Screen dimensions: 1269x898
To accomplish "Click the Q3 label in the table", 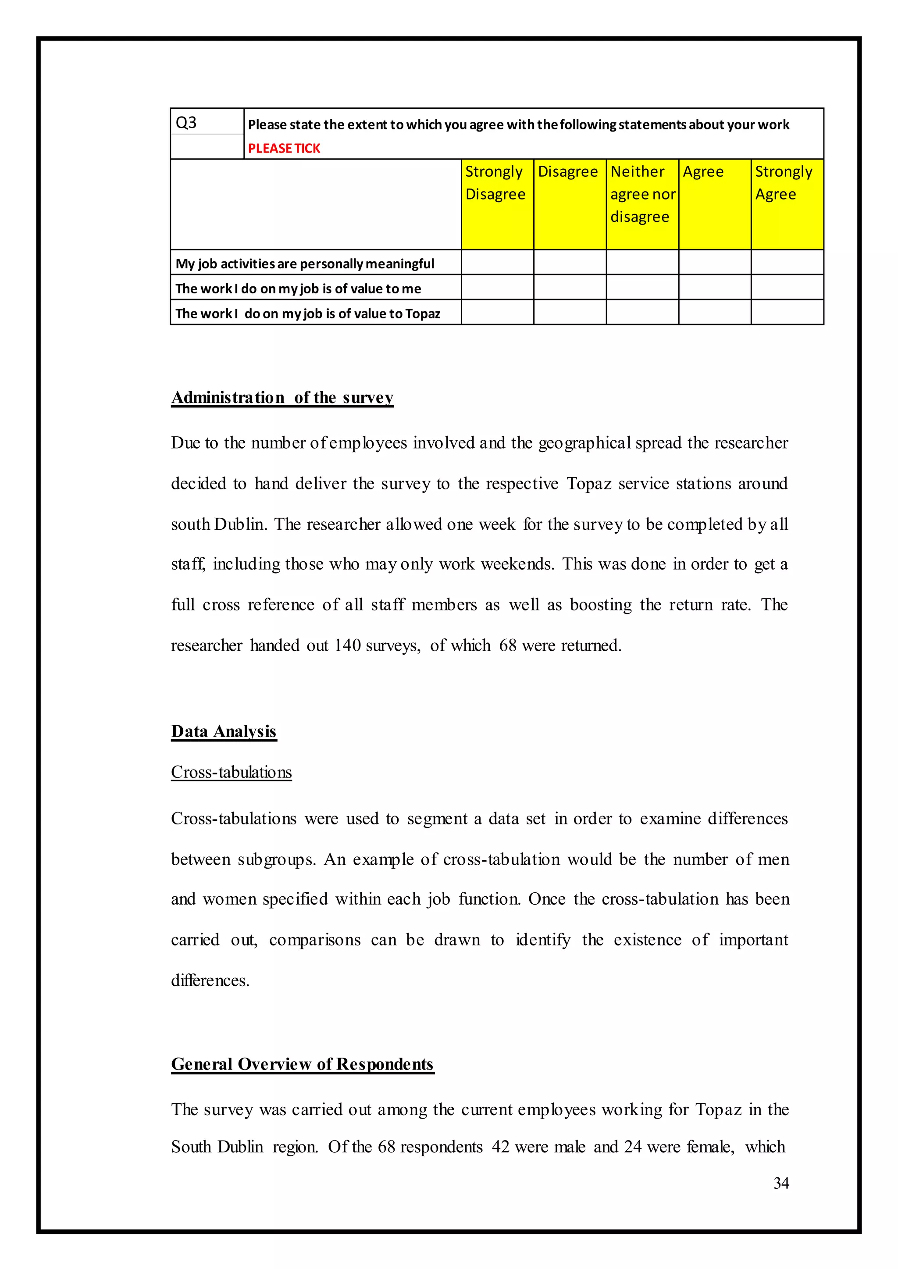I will (186, 123).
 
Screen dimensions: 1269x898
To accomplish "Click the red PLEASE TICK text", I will (284, 148).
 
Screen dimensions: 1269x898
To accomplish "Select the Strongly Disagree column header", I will (496, 183).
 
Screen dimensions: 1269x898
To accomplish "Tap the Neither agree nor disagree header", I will (642, 194).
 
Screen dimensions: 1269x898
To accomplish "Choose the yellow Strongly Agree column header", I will (786, 183).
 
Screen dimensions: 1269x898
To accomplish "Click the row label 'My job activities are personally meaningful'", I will (305, 264).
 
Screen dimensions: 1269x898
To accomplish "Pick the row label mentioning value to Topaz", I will (307, 314).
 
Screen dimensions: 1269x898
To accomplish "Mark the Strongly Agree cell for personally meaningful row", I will (787, 263).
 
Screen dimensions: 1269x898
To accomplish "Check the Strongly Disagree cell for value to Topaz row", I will (497, 312).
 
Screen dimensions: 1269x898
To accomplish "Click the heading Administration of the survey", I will (282, 398).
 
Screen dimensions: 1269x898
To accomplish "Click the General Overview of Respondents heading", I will (302, 1064).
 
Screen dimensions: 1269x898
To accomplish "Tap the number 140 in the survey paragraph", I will (347, 645).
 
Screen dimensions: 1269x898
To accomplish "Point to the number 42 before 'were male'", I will (500, 1146).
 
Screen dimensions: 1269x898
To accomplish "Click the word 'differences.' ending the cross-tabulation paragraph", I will (210, 980).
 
